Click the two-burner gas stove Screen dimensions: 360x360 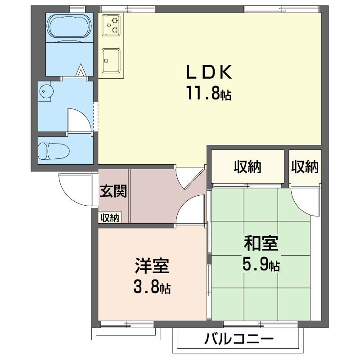pos(112,25)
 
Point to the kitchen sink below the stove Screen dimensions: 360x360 pos(111,60)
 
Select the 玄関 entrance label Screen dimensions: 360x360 pos(113,191)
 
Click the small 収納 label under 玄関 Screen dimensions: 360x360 pos(109,218)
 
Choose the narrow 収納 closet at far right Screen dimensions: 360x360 pos(305,167)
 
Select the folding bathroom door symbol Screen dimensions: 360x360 pos(81,71)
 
